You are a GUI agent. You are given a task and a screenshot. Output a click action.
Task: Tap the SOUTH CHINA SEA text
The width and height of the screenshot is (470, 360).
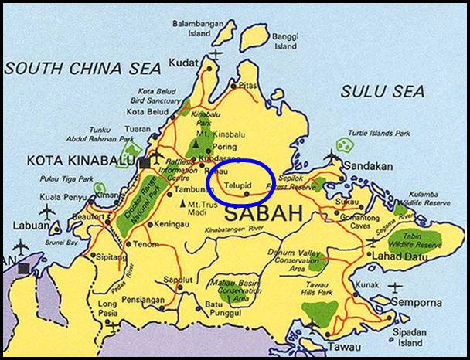point(83,67)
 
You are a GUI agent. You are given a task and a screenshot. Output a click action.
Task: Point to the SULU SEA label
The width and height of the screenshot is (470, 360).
point(383,90)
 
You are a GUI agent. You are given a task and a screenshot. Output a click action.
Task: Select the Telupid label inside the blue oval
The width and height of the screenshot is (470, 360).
point(240,186)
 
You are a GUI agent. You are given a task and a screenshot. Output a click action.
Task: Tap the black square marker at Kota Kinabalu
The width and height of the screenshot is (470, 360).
point(145,163)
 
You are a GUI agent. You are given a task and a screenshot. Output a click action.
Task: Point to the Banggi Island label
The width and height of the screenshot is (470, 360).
point(285,41)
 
